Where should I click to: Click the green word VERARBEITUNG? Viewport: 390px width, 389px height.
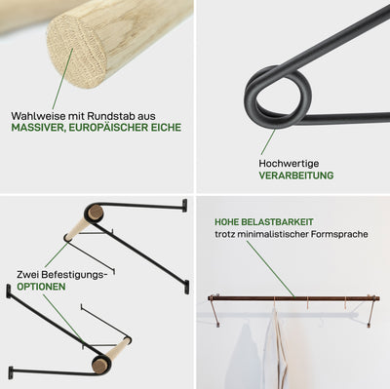(x=296, y=175)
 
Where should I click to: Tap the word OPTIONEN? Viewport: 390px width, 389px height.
(x=41, y=287)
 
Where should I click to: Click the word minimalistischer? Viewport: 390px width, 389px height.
(x=273, y=234)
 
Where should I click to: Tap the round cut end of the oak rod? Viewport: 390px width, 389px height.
(x=76, y=52)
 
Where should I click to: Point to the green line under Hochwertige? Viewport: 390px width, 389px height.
(x=268, y=142)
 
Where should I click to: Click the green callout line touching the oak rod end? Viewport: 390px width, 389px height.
(x=62, y=79)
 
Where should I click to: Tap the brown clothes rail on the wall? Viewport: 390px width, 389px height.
(x=293, y=298)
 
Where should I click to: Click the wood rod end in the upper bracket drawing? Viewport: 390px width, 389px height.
(x=96, y=214)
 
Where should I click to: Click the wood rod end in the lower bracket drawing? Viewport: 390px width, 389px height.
(x=99, y=365)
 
